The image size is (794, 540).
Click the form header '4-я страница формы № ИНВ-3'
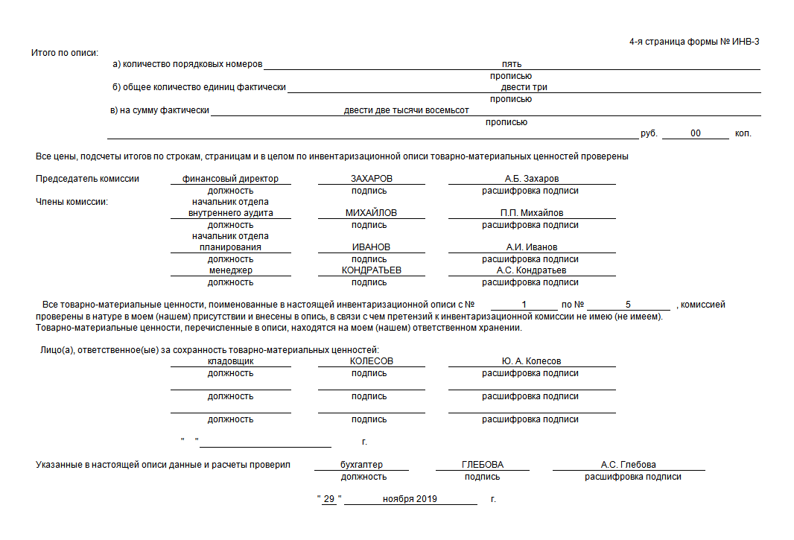[x=694, y=42]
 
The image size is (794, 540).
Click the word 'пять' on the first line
[x=511, y=64]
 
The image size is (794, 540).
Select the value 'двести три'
[x=524, y=87]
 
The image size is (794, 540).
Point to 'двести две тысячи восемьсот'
[x=406, y=110]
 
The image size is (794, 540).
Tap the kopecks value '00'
[x=695, y=133]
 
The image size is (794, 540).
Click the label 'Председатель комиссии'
[x=87, y=179]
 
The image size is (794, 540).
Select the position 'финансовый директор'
[x=230, y=179]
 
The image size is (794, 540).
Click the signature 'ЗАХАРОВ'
[x=371, y=179]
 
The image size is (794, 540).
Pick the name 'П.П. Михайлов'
[x=531, y=213]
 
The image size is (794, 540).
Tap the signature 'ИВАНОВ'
[x=371, y=247]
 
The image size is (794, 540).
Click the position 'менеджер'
[x=230, y=270]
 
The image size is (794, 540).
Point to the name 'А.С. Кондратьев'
[x=531, y=270]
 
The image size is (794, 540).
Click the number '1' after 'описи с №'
[x=524, y=305]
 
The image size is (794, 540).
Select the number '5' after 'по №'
[x=628, y=305]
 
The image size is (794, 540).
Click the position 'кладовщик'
[x=230, y=361]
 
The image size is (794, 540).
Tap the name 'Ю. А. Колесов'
[x=531, y=361]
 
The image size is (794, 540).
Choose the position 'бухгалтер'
[x=361, y=465]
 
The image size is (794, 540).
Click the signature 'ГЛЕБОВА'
[x=482, y=465]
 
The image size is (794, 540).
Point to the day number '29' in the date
[x=328, y=499]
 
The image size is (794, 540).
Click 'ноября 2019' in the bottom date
[x=410, y=499]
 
